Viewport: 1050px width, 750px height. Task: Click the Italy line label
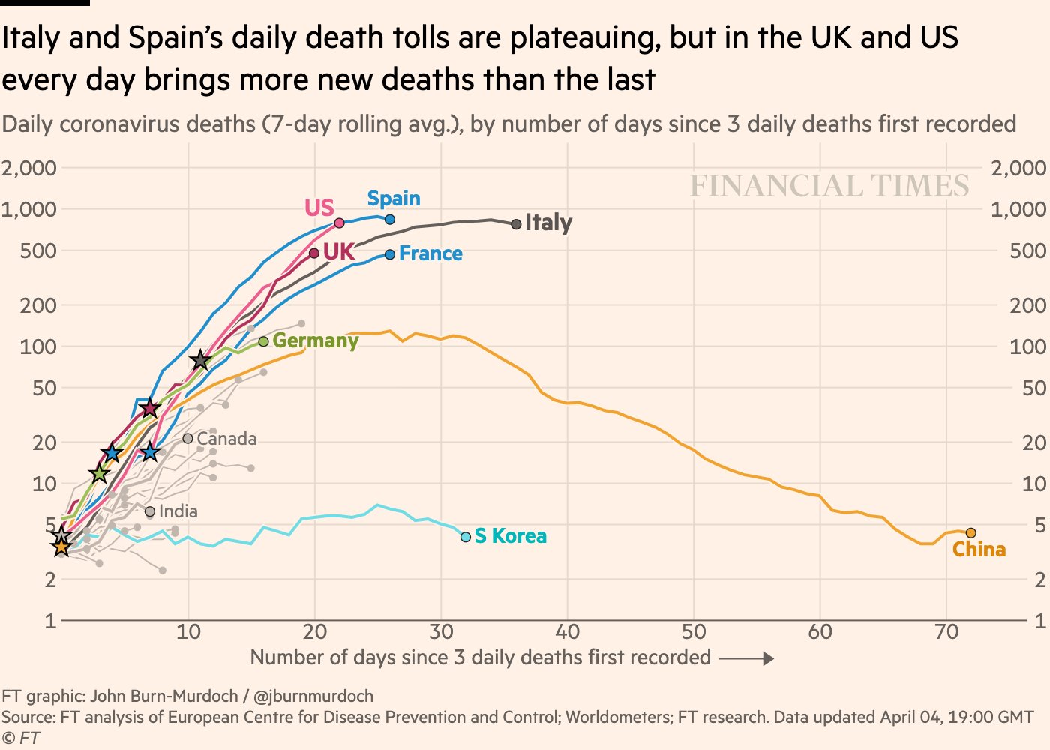tap(548, 223)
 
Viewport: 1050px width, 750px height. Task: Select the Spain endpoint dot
tap(390, 220)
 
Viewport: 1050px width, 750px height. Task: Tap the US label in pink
tap(319, 208)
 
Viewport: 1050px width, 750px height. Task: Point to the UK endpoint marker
tap(314, 253)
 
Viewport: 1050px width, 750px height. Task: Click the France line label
tap(430, 253)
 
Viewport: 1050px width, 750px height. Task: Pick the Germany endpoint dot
tap(263, 341)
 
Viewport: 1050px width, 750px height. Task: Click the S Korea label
tap(510, 536)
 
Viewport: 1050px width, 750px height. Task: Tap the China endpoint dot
tap(970, 533)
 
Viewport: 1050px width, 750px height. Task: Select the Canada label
tap(226, 439)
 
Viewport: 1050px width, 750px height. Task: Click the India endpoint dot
tap(150, 512)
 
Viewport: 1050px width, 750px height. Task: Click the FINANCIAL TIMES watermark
tap(829, 186)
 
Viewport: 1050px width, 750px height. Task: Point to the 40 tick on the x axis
tap(567, 632)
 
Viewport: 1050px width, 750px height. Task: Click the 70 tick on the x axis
tap(946, 632)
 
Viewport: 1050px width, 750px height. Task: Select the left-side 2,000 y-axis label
tap(29, 168)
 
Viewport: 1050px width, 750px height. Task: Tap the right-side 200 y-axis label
tap(1027, 305)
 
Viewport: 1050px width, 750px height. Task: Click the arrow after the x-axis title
tap(746, 658)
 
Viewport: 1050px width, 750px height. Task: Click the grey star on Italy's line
tap(199, 361)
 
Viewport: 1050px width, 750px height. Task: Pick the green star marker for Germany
tap(99, 474)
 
